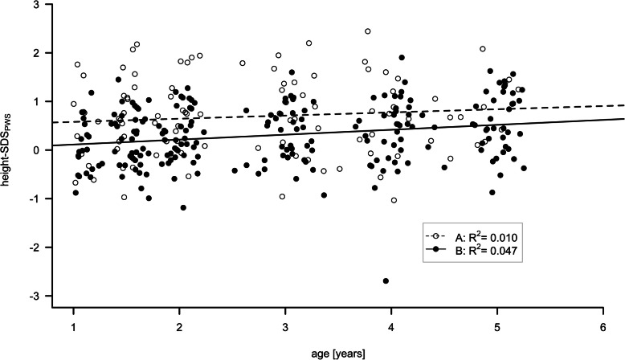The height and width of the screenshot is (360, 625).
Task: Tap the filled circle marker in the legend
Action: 435,252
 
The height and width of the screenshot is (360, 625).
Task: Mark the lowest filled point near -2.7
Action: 386,281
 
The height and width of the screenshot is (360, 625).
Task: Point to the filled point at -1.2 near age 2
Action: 183,208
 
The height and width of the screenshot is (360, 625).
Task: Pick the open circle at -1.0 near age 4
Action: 394,200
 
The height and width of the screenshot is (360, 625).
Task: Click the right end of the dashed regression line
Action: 623,105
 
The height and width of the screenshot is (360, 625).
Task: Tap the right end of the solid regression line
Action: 623,119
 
